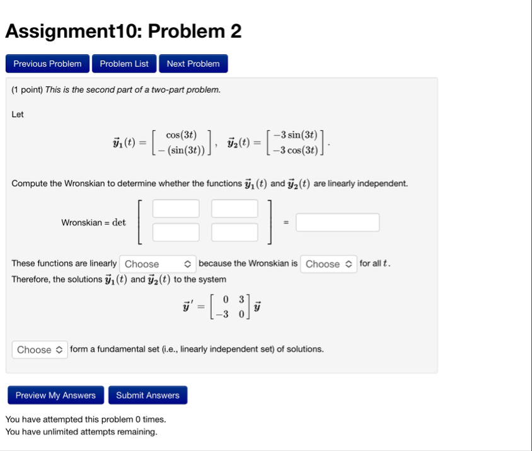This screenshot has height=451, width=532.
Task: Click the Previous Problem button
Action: click(x=47, y=64)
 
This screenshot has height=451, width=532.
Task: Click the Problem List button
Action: click(x=124, y=64)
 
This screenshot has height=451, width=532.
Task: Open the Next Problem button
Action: click(x=193, y=64)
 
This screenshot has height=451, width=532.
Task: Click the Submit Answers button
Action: click(x=147, y=396)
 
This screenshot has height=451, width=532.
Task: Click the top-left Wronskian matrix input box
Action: click(x=176, y=208)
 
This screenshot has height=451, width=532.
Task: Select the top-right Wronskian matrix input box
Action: click(x=234, y=208)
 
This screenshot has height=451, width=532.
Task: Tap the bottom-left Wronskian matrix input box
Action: click(x=176, y=232)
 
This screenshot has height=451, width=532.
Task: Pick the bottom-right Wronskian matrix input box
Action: click(x=234, y=232)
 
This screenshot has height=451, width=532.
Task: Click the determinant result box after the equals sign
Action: click(x=338, y=222)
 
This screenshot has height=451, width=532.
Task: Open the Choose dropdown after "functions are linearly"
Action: click(x=158, y=264)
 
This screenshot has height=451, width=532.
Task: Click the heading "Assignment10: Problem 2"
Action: click(x=124, y=31)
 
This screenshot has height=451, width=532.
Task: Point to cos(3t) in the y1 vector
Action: click(x=181, y=135)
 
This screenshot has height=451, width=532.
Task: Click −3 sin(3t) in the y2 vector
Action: click(x=295, y=135)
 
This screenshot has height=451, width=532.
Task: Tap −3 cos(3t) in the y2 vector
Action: click(x=295, y=150)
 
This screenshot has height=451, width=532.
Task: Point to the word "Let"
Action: click(x=18, y=115)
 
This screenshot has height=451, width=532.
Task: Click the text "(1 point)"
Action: click(x=27, y=90)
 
